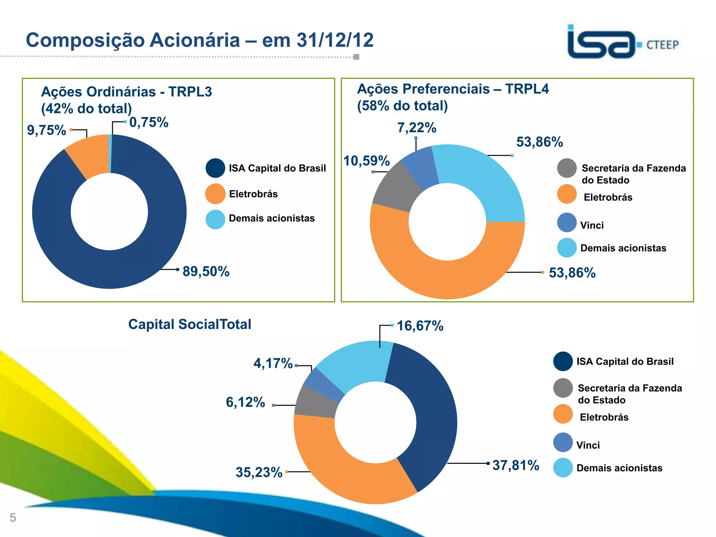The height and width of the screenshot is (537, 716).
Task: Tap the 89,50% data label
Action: pos(206,271)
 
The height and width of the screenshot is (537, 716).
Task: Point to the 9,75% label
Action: pos(46,130)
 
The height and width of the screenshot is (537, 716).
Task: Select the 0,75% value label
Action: pos(149,122)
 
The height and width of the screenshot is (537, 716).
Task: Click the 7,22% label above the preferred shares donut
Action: pos(417,128)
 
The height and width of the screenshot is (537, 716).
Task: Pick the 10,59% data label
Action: pos(366,161)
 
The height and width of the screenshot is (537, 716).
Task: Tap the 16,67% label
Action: pos(420,326)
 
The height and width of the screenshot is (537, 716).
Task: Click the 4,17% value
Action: pos(273,363)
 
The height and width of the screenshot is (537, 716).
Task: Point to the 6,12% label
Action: pos(245,402)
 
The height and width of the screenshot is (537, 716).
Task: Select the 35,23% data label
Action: pos(259,472)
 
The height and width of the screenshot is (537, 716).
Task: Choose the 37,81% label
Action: pos(516,465)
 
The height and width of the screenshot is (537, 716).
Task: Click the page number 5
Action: pos(13,517)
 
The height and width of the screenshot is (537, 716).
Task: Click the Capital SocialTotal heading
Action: pos(190,324)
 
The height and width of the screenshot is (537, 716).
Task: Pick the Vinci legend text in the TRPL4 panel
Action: pos(592,225)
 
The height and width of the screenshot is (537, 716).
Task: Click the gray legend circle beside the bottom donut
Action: pos(563,388)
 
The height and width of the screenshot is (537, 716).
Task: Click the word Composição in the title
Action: pos(85,40)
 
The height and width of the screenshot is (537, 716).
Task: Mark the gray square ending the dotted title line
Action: pos(356,57)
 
